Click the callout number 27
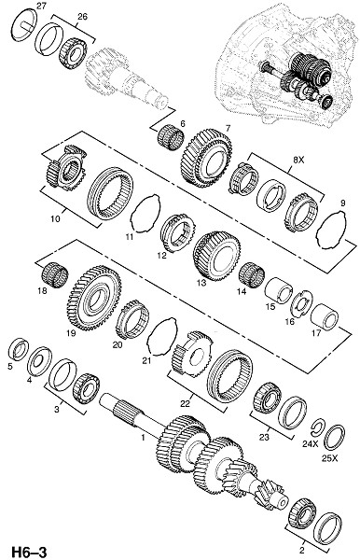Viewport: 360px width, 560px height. click(41, 7)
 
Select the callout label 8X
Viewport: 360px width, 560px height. click(298, 160)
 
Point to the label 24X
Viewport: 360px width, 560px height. click(310, 443)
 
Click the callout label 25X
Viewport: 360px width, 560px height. click(329, 458)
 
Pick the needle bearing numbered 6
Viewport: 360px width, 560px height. click(171, 137)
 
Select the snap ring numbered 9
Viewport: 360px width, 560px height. click(331, 230)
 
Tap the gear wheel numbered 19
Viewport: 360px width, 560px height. click(94, 298)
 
